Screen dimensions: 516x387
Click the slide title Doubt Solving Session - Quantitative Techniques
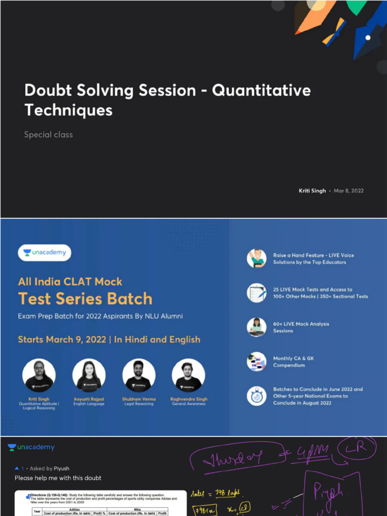click(167, 100)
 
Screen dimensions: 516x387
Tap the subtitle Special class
click(48, 135)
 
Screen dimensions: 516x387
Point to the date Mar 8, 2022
click(349, 191)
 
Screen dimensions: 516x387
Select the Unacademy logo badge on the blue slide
click(44, 252)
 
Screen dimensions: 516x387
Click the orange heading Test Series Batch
click(85, 299)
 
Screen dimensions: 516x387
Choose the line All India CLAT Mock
click(70, 282)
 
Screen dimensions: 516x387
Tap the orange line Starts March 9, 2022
click(109, 340)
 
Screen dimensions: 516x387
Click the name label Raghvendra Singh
click(188, 399)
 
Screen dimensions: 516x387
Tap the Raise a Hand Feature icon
click(256, 259)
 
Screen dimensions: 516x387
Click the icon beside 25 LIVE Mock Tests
click(256, 293)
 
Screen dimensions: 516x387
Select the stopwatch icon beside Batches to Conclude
click(256, 396)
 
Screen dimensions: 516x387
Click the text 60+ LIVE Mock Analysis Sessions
click(301, 328)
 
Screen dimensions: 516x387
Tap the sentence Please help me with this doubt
click(58, 478)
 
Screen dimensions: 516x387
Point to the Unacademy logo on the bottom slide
click(31, 447)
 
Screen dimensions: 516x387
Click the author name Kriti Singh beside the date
click(312, 191)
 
